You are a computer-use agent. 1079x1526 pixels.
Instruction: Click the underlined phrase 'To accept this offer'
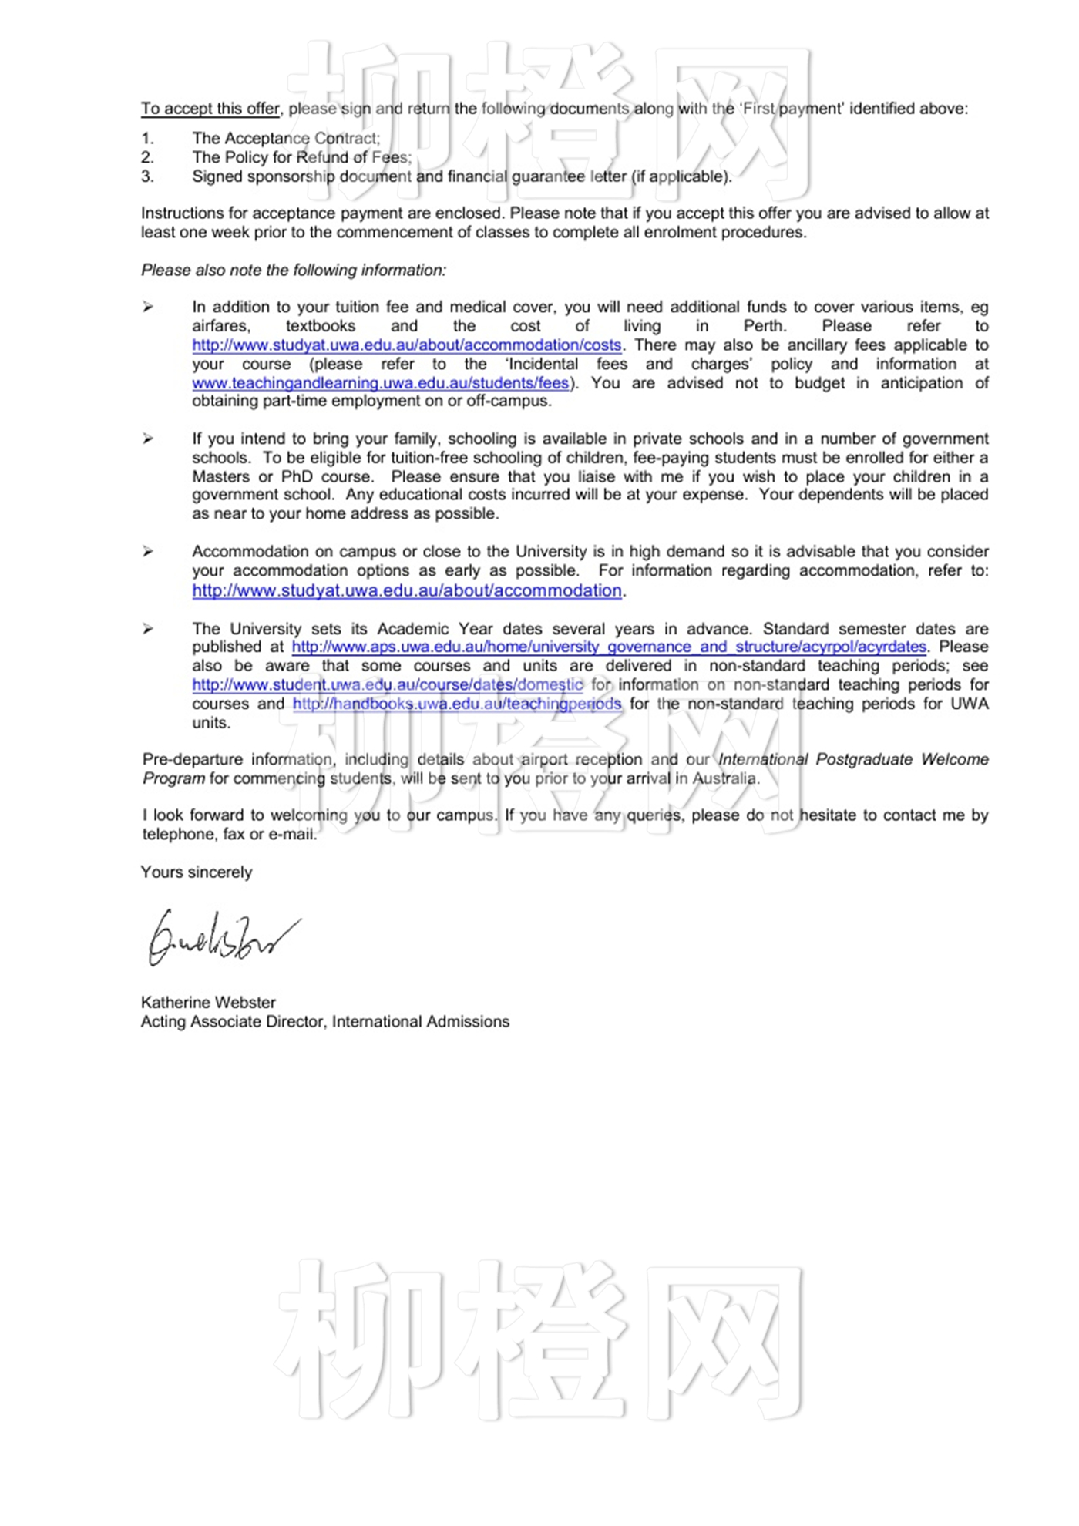[210, 109]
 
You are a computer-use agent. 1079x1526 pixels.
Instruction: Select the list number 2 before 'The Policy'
[147, 157]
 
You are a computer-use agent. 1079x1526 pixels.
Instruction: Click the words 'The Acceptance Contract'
[285, 138]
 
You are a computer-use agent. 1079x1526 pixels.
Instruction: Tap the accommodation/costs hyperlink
[406, 345]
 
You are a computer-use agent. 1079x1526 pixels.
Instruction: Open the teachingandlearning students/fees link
[381, 383]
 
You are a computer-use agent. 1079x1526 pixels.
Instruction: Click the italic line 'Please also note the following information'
[293, 271]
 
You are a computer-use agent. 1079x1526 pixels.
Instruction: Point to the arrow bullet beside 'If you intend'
[148, 439]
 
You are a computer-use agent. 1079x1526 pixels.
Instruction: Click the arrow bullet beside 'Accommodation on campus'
[148, 552]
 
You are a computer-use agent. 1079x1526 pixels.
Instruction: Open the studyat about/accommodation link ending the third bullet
[406, 590]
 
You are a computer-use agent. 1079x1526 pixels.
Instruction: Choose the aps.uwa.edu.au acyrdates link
[609, 647]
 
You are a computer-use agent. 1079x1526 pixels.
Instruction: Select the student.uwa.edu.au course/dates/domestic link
[388, 684]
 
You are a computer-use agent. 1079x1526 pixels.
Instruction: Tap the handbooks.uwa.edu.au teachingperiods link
[456, 704]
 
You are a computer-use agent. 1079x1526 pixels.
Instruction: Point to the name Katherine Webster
[208, 1003]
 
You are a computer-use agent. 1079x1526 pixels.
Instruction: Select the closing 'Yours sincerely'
[197, 872]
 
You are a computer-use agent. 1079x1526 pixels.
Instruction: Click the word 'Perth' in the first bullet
[763, 326]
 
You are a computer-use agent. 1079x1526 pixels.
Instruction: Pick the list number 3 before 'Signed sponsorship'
[147, 176]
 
